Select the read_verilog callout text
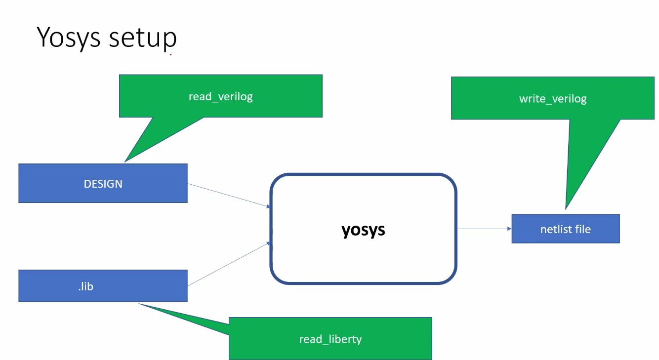(220, 96)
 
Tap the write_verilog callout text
(553, 99)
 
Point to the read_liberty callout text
(330, 339)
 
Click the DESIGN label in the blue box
(103, 184)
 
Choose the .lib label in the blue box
(85, 286)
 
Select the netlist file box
(565, 229)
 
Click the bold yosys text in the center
(363, 230)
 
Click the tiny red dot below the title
(170, 55)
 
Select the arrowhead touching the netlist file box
(509, 229)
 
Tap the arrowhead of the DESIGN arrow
(268, 206)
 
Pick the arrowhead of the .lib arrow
(268, 243)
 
